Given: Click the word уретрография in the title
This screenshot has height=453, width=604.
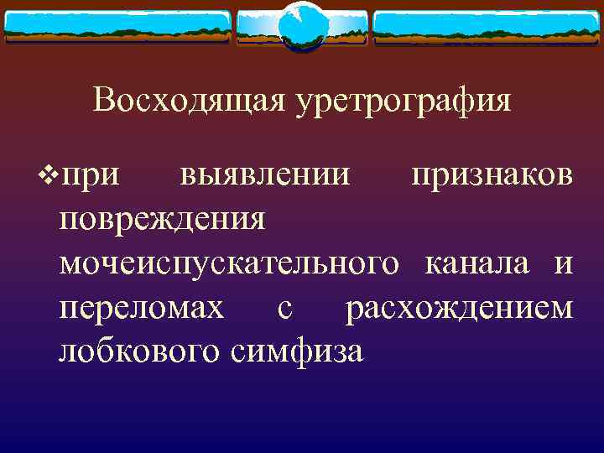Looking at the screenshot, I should point(402,102).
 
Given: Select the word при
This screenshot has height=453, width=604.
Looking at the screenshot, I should point(91,177).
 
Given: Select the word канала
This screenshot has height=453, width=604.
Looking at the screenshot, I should point(477,264).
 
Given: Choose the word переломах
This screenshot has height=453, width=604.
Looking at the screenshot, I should point(142,308).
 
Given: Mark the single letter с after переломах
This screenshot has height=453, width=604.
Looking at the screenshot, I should point(284,308).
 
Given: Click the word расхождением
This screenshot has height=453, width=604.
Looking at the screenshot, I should point(460,308).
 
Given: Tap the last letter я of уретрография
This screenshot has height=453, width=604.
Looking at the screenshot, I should point(502,102).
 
